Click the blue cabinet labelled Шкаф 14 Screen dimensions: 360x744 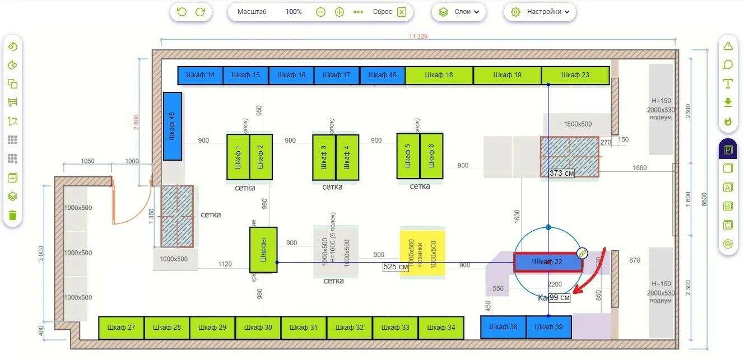pos(200,75)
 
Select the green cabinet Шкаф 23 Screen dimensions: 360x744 pos(575,75)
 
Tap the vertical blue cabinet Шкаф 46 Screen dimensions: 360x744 pos(173,126)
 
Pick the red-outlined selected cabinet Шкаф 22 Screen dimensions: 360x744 pos(548,262)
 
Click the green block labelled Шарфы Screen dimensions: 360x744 pos(263,250)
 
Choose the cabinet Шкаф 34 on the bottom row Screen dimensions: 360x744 pos(441,328)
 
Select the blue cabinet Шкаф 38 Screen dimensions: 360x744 pos(503,327)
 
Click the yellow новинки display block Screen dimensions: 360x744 pos(422,254)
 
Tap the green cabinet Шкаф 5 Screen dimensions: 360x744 pos(408,156)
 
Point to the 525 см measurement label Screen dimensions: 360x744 pos(396,267)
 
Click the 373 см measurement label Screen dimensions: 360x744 pos(562,174)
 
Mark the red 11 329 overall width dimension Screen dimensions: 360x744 pos(418,37)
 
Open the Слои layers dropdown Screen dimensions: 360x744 pos(459,12)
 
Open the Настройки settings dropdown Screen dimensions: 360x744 pos(540,12)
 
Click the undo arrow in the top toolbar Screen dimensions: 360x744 pos(182,12)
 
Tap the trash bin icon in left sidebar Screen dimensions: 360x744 pos(12,215)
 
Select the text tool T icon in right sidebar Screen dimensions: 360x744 pos(728,84)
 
